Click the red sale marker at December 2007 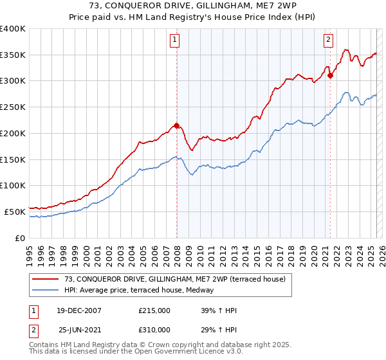pyautogui.click(x=176, y=126)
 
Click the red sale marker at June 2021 pyautogui.click(x=330, y=75)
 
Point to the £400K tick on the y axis pyautogui.click(x=13, y=29)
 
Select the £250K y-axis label pyautogui.click(x=13, y=107)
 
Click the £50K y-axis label pyautogui.click(x=15, y=212)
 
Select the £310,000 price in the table pyautogui.click(x=154, y=329)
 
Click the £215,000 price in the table pyautogui.click(x=154, y=310)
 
